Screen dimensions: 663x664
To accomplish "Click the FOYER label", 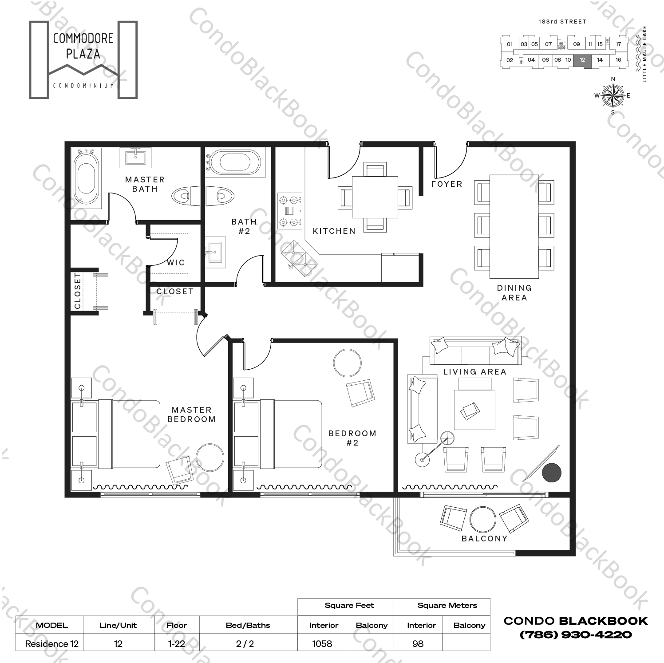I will pyautogui.click(x=447, y=184).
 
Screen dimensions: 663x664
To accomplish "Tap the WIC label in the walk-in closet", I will pyautogui.click(x=176, y=262).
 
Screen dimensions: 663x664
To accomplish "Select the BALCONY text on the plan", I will pyautogui.click(x=484, y=538).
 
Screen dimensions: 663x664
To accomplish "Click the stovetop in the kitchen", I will pyautogui.click(x=289, y=211).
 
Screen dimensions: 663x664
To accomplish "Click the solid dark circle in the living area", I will pyautogui.click(x=552, y=473).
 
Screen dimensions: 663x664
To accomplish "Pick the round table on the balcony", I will pyautogui.click(x=483, y=519).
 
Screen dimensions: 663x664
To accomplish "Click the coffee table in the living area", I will pyautogui.click(x=474, y=409).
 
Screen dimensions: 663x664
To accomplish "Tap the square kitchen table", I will pyautogui.click(x=375, y=197).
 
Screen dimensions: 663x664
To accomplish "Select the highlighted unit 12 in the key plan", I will pyautogui.click(x=582, y=60).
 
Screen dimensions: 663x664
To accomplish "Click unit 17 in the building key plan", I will pyautogui.click(x=618, y=44).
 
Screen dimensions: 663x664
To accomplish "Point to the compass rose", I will pyautogui.click(x=613, y=95).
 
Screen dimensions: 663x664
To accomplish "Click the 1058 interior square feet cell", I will pyautogui.click(x=322, y=643).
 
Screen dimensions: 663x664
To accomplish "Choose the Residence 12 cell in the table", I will pyautogui.click(x=51, y=643).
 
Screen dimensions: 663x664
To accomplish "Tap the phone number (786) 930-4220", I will pyautogui.click(x=575, y=635).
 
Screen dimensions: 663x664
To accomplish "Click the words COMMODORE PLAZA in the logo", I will pyautogui.click(x=83, y=46).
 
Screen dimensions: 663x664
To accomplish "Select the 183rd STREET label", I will pyautogui.click(x=562, y=21).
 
